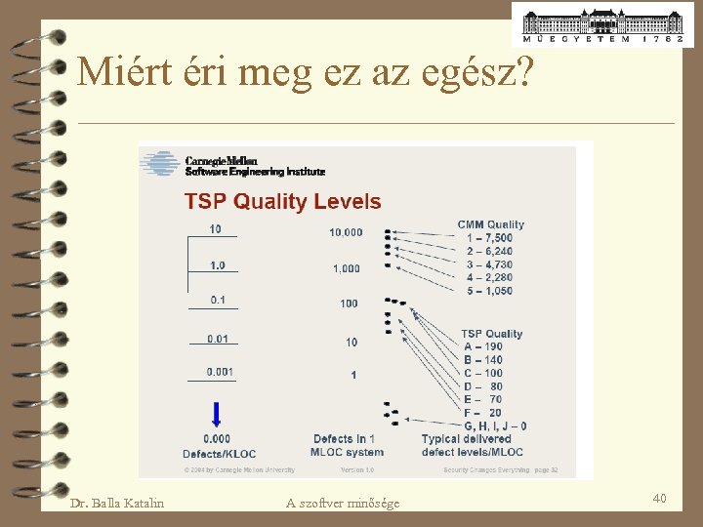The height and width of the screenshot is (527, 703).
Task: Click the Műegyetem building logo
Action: pos(602,24)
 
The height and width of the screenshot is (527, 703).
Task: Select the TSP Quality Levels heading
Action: pos(283,202)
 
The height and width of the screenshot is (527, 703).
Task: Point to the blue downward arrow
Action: pos(217,415)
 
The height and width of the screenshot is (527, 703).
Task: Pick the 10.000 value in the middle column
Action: pos(346,232)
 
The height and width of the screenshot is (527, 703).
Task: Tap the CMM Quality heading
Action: pos(490,224)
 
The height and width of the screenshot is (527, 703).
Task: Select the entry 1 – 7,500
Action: pos(489,238)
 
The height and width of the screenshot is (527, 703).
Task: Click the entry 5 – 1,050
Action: pos(489,291)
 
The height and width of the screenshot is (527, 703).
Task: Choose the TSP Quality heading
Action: pos(491,334)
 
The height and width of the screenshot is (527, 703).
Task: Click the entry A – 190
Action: pos(483,346)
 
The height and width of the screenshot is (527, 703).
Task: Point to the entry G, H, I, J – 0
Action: pos(495,426)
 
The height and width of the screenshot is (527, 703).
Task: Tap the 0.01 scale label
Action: pos(217,339)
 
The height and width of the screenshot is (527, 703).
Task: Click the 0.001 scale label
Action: pos(220,372)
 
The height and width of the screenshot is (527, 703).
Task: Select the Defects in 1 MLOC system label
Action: pos(347,445)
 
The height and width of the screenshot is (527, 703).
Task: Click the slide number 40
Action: pos(659,499)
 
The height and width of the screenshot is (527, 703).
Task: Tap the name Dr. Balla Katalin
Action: pos(117,503)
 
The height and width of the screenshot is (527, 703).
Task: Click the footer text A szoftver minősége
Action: pos(343,503)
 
